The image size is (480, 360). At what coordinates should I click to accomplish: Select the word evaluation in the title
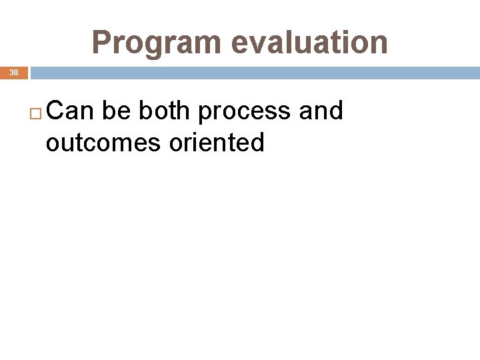[309, 42]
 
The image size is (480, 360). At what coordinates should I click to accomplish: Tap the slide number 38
[13, 72]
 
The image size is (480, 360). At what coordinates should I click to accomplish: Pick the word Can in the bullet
[71, 111]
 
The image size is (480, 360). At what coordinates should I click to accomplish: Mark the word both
[165, 111]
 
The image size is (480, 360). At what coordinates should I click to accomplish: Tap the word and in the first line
[321, 111]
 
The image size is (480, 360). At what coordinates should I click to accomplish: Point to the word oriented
[217, 142]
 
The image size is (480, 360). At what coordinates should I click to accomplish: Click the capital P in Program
[101, 43]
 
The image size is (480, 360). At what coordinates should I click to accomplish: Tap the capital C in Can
[56, 111]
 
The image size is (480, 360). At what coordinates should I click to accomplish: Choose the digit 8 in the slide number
[16, 72]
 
